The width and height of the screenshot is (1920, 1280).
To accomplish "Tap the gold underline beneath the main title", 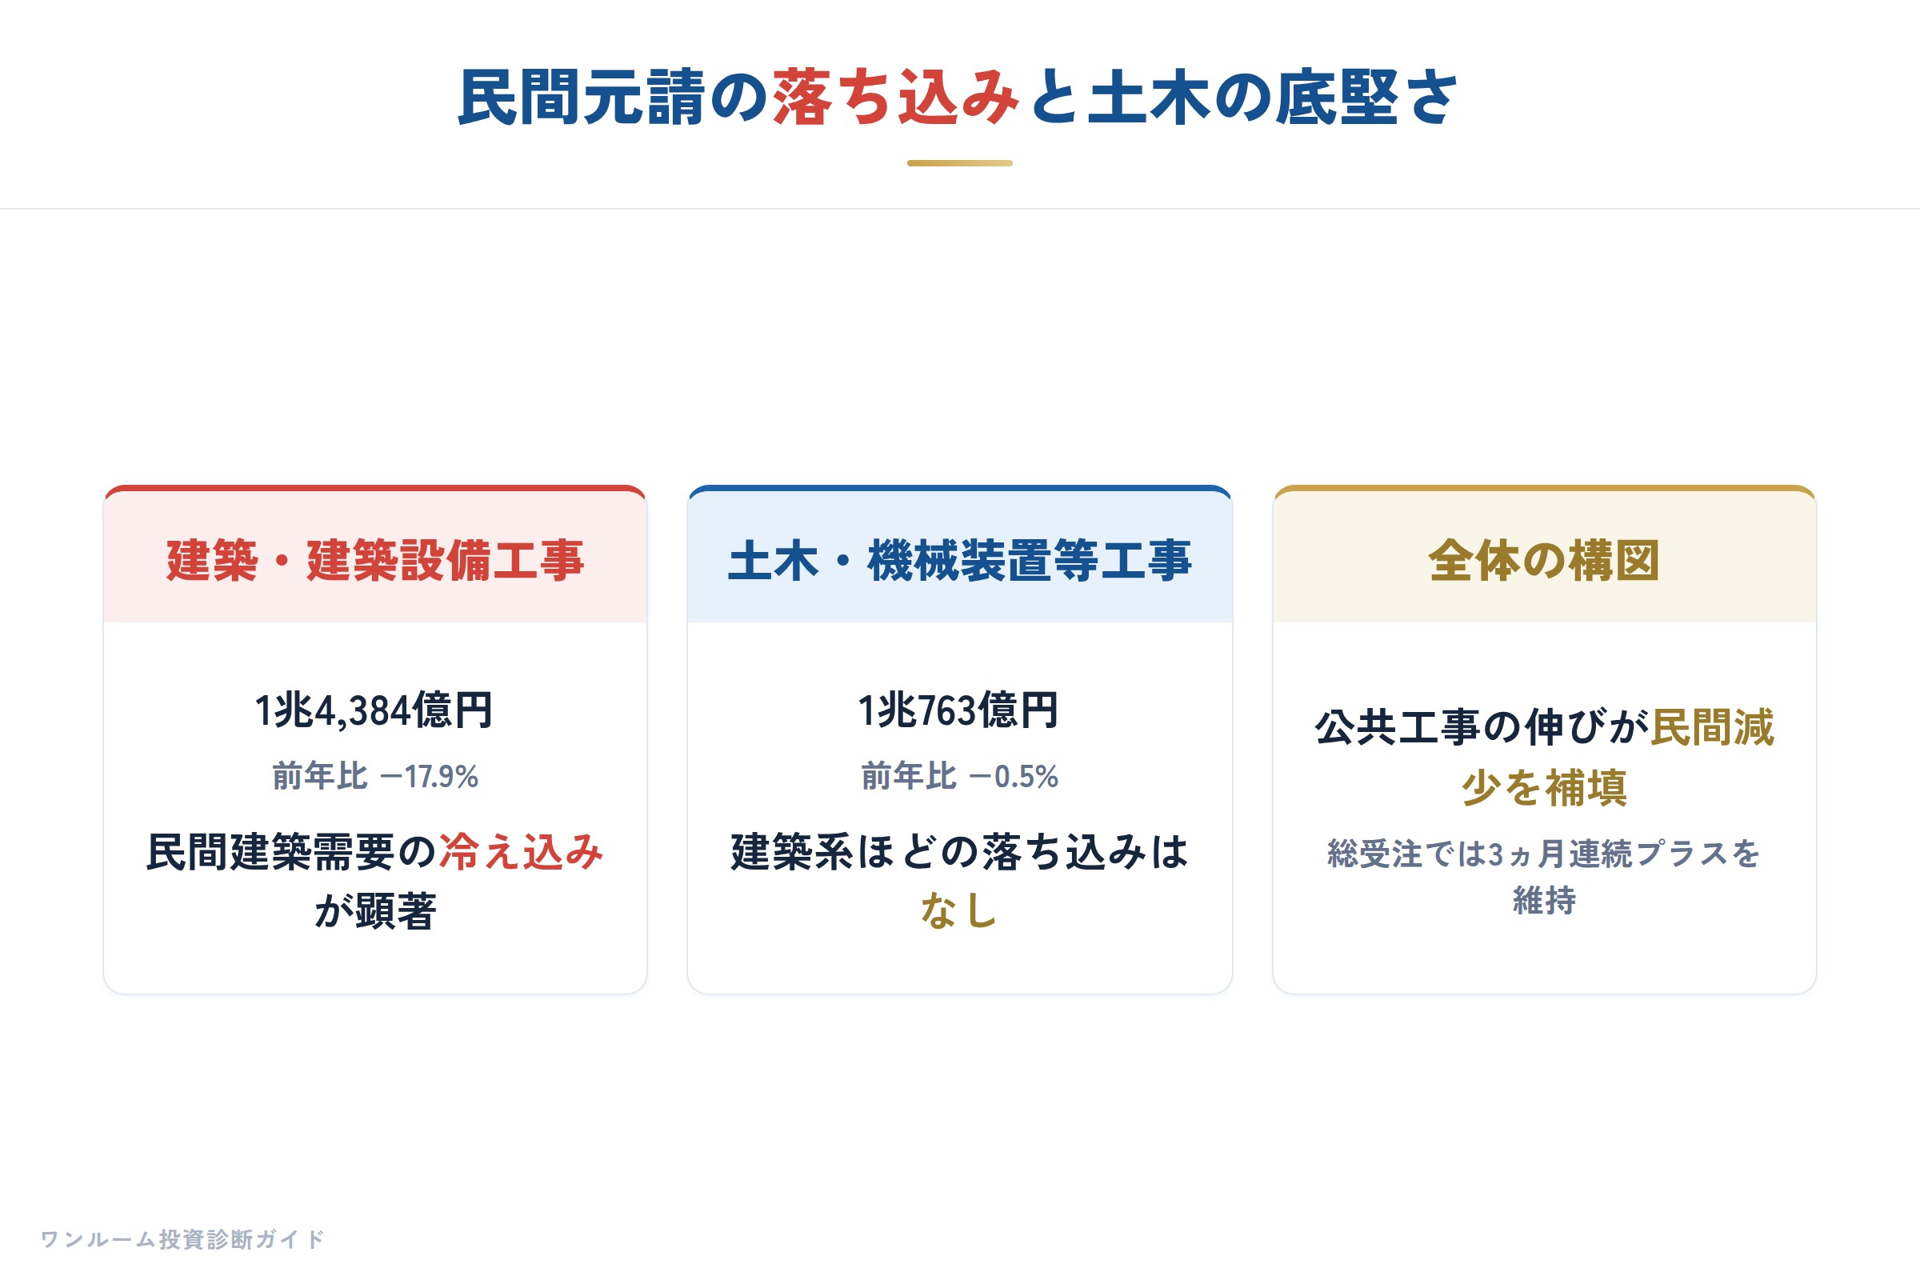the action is [960, 163].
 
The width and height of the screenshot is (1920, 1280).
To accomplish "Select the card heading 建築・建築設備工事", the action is [374, 561].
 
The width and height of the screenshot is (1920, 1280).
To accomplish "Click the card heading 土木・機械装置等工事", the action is [960, 561].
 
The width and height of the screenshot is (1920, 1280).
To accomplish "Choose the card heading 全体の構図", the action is [1545, 561].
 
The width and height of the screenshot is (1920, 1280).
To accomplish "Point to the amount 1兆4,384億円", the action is [374, 710].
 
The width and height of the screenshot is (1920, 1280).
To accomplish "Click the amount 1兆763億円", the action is [959, 710].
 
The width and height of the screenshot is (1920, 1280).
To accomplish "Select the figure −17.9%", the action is [430, 776].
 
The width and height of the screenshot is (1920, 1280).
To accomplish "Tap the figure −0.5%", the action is [1014, 776].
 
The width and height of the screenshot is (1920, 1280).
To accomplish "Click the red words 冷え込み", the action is [522, 852].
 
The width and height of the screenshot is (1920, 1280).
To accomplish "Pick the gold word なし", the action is [959, 911].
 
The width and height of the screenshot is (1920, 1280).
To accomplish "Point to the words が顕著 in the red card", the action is [374, 911].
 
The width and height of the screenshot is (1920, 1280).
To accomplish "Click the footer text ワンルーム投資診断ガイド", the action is [182, 1239].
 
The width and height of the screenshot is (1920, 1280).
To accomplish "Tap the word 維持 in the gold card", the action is [1545, 901].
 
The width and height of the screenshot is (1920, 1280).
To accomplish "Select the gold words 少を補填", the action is [1545, 788].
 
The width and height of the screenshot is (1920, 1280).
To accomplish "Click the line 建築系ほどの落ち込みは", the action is [959, 852].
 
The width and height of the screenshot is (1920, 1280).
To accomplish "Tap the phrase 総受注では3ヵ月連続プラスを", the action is [1544, 854].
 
